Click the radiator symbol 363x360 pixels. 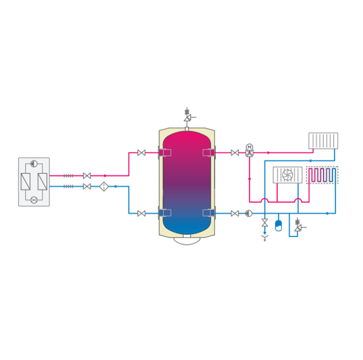323,141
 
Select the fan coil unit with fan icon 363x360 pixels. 287,175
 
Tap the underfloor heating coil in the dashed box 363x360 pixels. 322,175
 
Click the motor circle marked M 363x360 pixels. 249,147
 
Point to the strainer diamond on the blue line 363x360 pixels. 104,186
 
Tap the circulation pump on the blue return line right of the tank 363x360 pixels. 248,213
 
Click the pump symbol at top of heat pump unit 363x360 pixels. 34,164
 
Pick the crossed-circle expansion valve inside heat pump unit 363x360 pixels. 34,200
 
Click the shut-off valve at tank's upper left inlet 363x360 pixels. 142,153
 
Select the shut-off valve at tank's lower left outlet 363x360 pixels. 142,213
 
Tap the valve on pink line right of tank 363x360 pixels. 235,153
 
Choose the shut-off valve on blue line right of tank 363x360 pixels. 235,213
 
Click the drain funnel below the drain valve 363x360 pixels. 265,238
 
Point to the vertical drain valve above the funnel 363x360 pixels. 265,223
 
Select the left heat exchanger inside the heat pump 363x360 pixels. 26,182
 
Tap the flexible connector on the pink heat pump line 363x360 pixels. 68,176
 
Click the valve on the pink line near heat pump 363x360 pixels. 87,176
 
